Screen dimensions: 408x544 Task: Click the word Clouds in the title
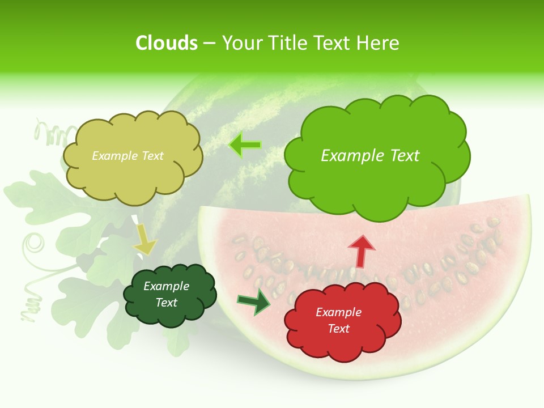[x=167, y=43]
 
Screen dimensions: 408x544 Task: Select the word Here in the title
[x=379, y=43]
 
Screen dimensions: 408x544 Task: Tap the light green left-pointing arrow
[x=245, y=145]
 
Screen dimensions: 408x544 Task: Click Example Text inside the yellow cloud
[x=128, y=155]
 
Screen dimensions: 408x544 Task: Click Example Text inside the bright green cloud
[x=370, y=155]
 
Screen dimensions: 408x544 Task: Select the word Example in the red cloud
[x=338, y=312]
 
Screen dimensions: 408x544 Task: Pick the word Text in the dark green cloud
[x=167, y=303]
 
